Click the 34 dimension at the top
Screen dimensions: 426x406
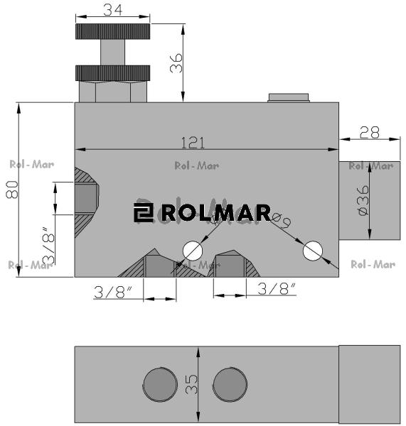coord(112,9)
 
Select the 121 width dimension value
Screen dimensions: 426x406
coord(193,142)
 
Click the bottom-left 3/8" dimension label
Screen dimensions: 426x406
coord(114,291)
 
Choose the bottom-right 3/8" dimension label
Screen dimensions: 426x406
coord(277,288)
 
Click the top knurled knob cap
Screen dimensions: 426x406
coord(112,32)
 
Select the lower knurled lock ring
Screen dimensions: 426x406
coord(112,72)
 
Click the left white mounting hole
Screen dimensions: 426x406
coord(193,251)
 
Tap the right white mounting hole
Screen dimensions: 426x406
coord(313,251)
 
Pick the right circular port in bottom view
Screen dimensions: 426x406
coord(230,384)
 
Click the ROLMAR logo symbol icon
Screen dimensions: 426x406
coord(144,213)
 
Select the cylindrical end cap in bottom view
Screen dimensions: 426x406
coord(369,384)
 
